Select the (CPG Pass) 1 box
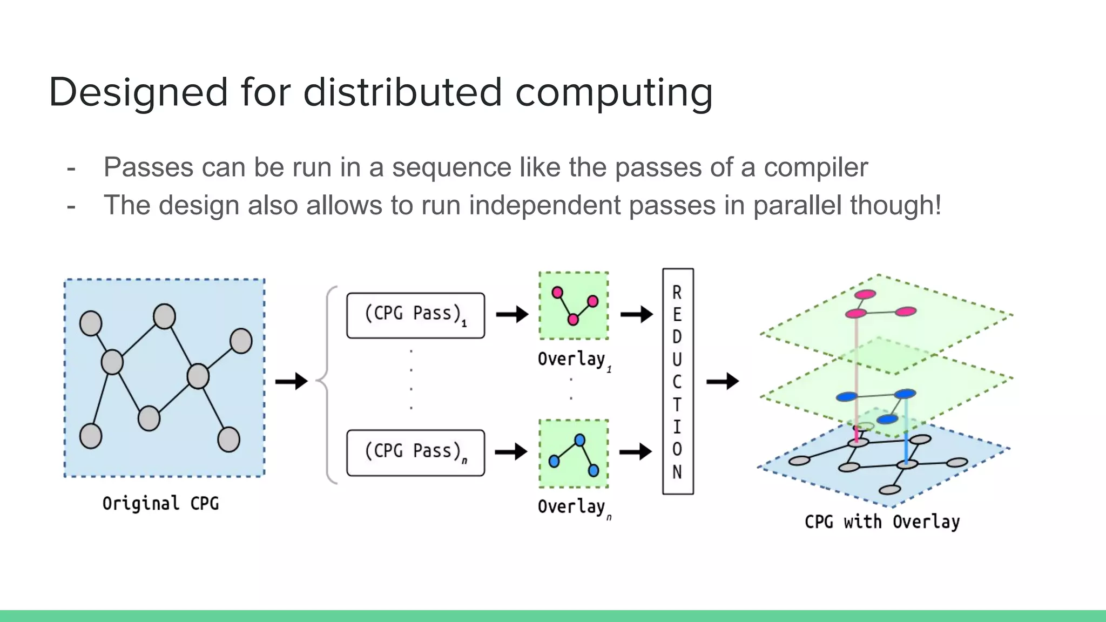point(415,315)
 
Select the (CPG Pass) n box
point(415,452)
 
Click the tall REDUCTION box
point(678,381)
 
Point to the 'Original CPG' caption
point(161,503)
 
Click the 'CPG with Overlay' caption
point(882,522)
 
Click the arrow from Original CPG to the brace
point(291,381)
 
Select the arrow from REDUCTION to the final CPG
point(722,381)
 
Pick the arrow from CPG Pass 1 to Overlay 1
point(511,314)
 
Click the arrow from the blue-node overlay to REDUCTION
point(635,451)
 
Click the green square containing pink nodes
point(574,306)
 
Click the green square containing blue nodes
point(574,454)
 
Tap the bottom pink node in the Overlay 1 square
point(573,320)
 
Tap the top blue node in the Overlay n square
point(579,440)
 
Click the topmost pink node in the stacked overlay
point(865,294)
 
